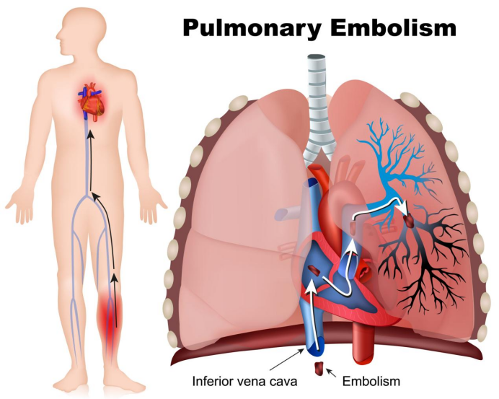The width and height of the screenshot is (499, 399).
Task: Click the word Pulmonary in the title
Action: click(x=252, y=29)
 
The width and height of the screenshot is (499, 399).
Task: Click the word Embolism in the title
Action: click(x=393, y=27)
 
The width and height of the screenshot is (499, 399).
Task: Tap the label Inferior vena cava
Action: click(x=244, y=381)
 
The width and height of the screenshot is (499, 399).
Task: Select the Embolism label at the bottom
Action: click(x=371, y=381)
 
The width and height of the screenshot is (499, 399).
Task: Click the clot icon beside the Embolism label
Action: click(x=319, y=369)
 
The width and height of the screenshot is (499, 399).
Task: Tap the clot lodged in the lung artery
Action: click(x=409, y=221)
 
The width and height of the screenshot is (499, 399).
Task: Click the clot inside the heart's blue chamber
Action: click(x=315, y=271)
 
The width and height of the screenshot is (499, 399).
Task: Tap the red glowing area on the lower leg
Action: click(x=110, y=318)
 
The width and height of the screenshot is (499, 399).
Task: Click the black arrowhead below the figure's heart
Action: click(x=92, y=134)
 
